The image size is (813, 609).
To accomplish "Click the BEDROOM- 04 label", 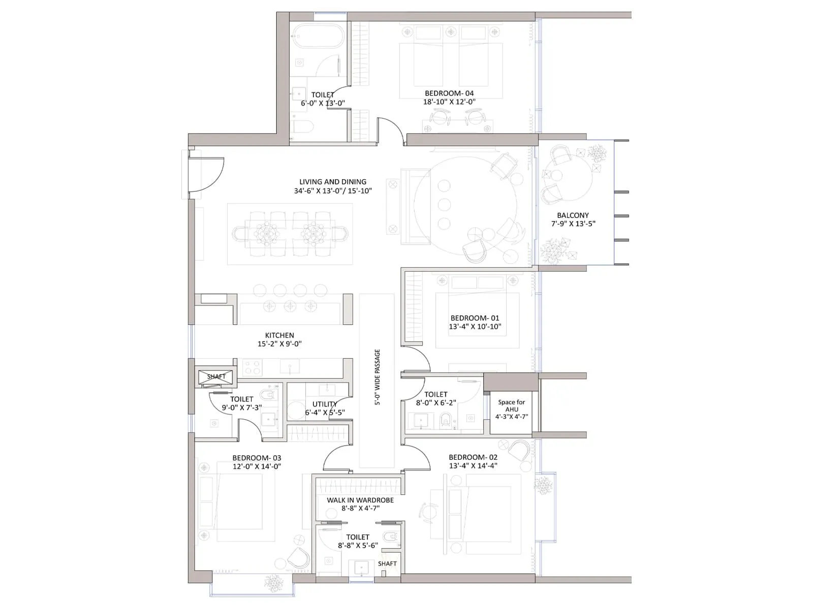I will tap(449, 93).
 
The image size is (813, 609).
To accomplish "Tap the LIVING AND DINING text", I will tap(332, 182).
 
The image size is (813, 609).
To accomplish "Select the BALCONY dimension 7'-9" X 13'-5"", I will tap(573, 224).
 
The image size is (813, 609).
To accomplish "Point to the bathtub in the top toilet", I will tap(319, 37).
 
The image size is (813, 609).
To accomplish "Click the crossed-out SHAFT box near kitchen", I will tap(216, 377).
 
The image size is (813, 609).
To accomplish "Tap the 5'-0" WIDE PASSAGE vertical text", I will tap(377, 377).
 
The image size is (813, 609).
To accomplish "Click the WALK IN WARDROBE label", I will tap(360, 500).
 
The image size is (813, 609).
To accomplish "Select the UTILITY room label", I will tap(325, 404).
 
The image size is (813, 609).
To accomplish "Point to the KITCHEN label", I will tap(279, 335).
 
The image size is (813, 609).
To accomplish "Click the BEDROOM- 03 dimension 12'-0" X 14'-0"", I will tap(257, 466).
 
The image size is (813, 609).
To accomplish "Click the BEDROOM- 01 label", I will tap(475, 318).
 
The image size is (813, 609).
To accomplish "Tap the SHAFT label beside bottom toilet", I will tap(387, 564).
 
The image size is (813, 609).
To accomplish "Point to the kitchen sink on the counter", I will tap(290, 366).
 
